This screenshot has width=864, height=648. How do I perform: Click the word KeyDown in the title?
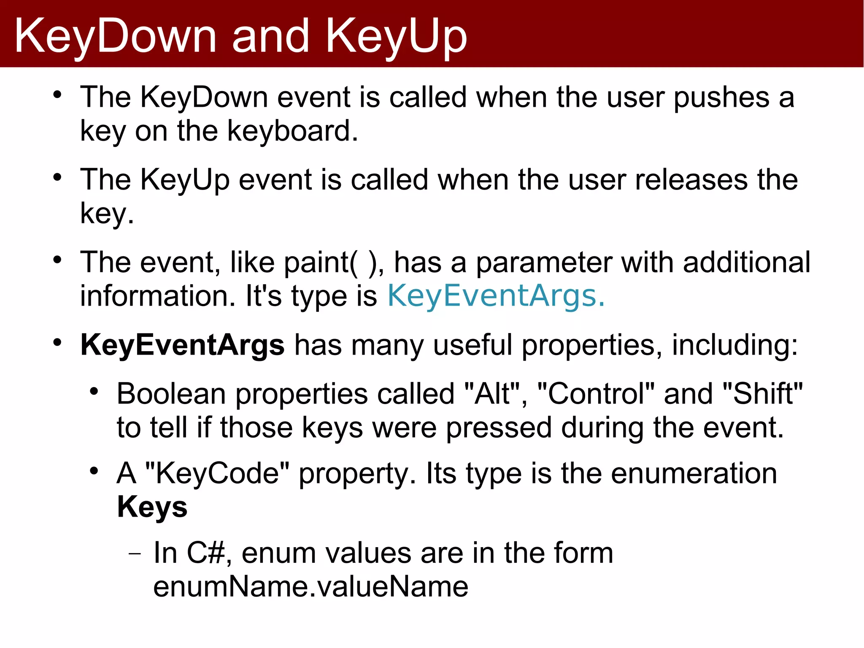115,37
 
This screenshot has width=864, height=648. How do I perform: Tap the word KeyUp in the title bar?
396,37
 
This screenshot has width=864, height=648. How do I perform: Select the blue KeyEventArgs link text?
496,296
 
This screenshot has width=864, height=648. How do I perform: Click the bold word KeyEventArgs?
182,345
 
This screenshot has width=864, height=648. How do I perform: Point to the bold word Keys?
152,506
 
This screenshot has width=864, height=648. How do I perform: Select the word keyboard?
292,130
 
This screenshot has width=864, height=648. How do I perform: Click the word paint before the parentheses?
316,263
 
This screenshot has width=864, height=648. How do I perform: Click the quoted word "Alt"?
492,393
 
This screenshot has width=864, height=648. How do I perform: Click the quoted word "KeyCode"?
217,473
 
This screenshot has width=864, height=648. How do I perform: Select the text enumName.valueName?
310,586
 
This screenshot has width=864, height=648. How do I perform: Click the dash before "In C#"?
135,553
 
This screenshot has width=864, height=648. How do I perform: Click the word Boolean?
171,393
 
